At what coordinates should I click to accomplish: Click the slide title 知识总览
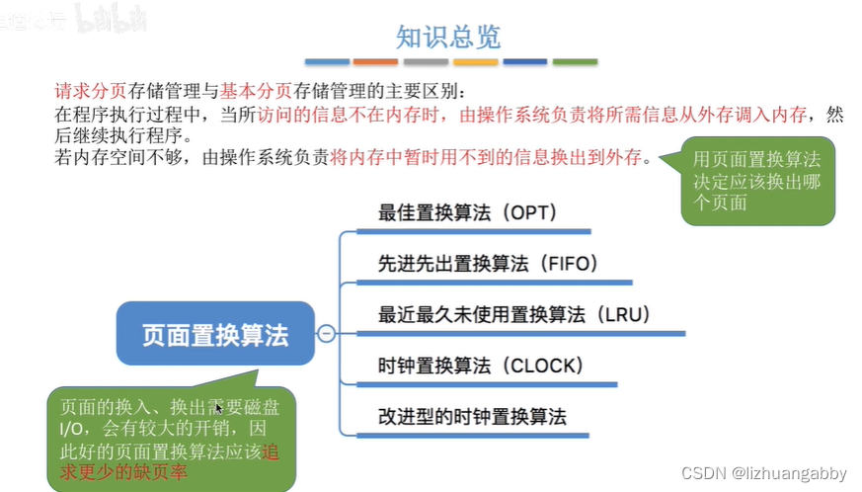coord(448,38)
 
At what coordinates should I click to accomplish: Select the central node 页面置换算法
coord(215,335)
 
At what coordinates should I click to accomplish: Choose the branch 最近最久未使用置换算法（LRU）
coord(508,315)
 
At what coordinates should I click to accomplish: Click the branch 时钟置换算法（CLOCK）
coord(481,366)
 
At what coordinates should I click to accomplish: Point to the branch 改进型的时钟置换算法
coord(472,416)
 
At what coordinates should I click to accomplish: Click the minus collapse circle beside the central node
coord(327,335)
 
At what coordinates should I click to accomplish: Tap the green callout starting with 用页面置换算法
coord(756,180)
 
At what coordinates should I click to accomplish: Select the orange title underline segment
coord(376,62)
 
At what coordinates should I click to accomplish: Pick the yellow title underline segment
coord(475,62)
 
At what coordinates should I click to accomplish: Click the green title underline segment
coord(574,62)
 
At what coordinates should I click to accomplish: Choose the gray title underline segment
coord(426,62)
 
